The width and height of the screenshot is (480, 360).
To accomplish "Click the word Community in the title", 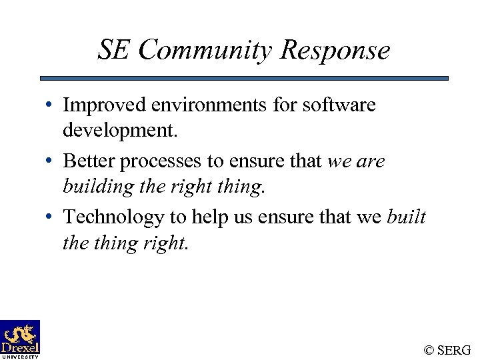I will tap(207, 51).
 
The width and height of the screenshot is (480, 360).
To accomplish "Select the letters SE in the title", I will tap(114, 51).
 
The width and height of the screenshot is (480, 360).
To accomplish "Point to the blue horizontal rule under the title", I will tap(244, 78).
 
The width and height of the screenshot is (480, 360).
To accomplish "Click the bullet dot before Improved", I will tap(51, 106).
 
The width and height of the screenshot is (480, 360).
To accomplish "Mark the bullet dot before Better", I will tap(51, 162).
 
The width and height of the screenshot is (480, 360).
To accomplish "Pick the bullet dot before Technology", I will tap(51, 218).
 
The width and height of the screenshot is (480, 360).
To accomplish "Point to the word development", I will tap(120, 131).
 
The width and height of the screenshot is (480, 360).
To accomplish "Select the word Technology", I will tap(113, 217).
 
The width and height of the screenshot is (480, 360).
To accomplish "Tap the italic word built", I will tap(406, 217).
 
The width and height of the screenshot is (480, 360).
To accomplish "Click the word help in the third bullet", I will tap(209, 217).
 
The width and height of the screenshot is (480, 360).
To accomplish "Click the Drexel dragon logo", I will tap(20, 335).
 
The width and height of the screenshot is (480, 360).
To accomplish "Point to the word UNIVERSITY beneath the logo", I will tap(20, 356).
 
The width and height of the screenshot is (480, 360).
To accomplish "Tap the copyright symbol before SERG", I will tap(429, 350).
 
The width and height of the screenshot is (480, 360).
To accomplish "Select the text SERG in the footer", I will tap(455, 350).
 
